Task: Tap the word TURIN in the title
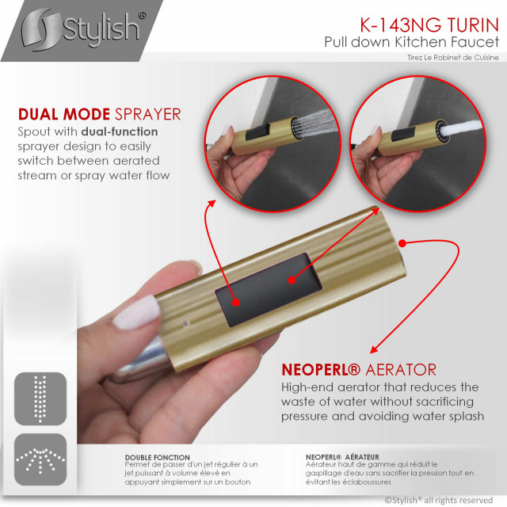click(x=474, y=25)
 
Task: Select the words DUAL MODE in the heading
click(x=64, y=114)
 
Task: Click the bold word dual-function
click(x=120, y=132)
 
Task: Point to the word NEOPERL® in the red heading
click(x=321, y=370)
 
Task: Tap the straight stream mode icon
click(x=40, y=398)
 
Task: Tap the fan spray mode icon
click(x=40, y=459)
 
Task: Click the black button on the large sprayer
click(x=268, y=290)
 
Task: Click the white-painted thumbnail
click(x=136, y=313)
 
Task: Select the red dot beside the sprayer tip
click(x=402, y=243)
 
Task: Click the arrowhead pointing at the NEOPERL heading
click(x=375, y=349)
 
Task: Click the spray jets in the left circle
click(x=315, y=124)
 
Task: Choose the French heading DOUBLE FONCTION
click(x=158, y=457)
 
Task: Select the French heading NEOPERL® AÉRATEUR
click(x=342, y=457)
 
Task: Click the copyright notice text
click(x=439, y=500)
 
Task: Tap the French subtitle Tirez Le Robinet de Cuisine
click(x=452, y=58)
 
